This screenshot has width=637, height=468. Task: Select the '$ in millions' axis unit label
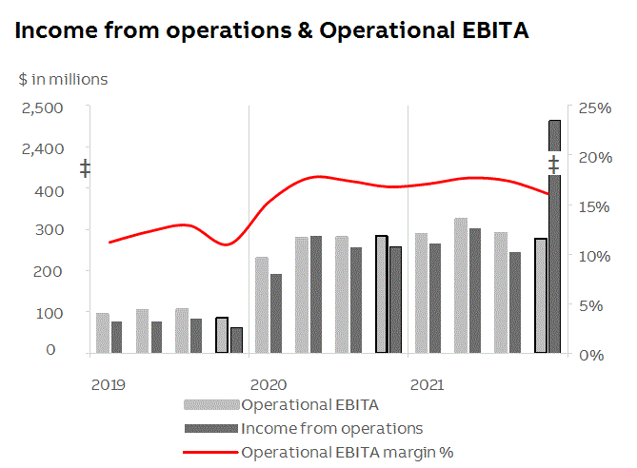[x=63, y=80]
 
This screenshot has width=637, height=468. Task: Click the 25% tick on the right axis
[x=594, y=107]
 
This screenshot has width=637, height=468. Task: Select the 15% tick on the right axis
[x=594, y=206]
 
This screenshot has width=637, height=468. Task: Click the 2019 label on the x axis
[x=109, y=385]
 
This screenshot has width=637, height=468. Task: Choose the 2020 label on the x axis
[x=268, y=385]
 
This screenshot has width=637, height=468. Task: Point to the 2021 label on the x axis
[x=427, y=385]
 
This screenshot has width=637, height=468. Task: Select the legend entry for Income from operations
[x=331, y=429]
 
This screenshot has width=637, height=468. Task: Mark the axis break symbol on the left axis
[x=85, y=169]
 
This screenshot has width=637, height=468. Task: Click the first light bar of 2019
[x=103, y=333]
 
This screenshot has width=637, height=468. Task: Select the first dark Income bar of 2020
[x=276, y=314]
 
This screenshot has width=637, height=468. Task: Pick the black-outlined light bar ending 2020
[x=381, y=294]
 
